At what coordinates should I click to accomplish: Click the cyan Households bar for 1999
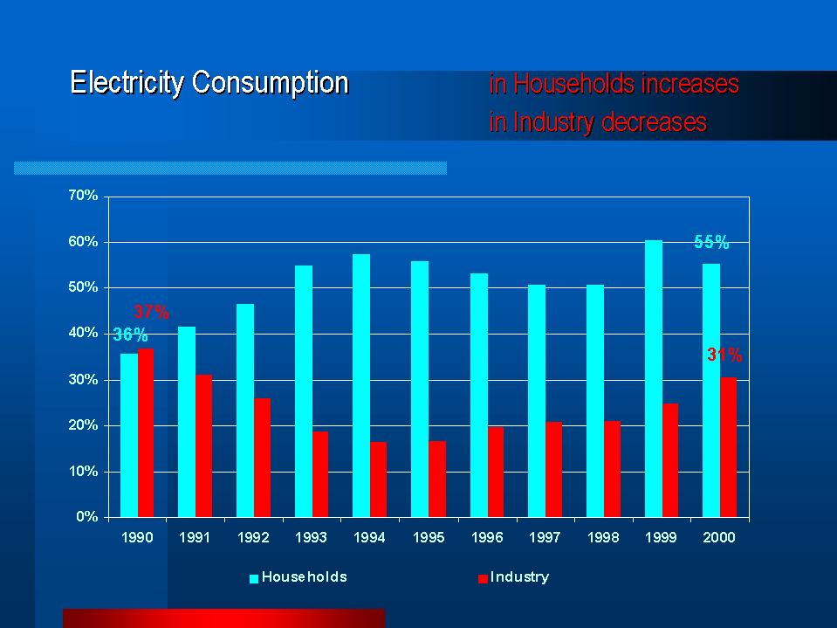click(653, 378)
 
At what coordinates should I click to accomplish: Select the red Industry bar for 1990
click(146, 432)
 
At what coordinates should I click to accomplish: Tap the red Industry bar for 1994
click(378, 480)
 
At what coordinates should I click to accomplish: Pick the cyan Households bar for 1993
click(303, 391)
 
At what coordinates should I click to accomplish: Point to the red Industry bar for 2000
click(728, 447)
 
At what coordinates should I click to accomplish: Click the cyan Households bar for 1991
click(187, 422)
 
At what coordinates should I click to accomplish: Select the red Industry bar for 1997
click(553, 469)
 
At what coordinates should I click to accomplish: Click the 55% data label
click(711, 243)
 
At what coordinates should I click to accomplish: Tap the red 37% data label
click(151, 312)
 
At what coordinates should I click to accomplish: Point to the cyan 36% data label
click(130, 335)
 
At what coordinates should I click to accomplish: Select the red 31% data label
click(724, 355)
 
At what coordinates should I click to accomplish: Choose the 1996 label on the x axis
click(486, 538)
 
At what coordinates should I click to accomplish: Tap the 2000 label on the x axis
click(719, 538)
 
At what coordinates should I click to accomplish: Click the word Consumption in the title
click(271, 83)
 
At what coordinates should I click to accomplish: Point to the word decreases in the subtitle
click(653, 123)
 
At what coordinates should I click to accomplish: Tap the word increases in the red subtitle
click(689, 85)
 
